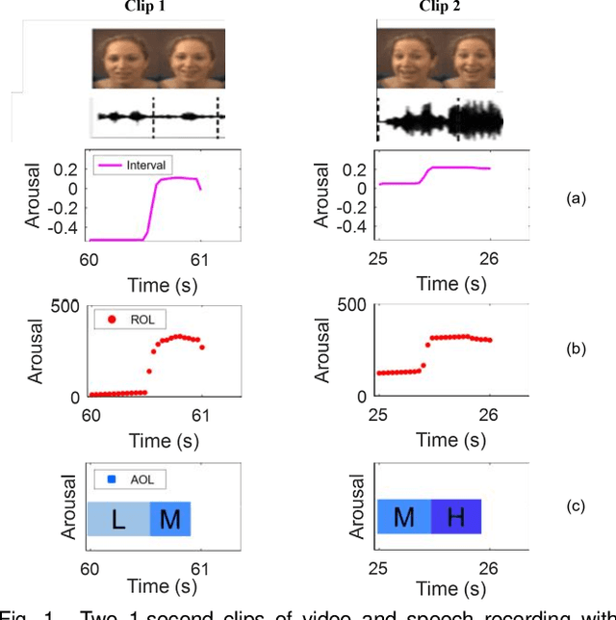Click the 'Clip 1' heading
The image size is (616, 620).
[159, 8]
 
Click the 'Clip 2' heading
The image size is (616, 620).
[441, 8]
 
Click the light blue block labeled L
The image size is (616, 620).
[118, 520]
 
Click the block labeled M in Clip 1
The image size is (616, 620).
[170, 520]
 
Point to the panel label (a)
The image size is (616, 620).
[576, 198]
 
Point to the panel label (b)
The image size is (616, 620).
[576, 349]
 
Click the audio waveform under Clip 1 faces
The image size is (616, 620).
[159, 117]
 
